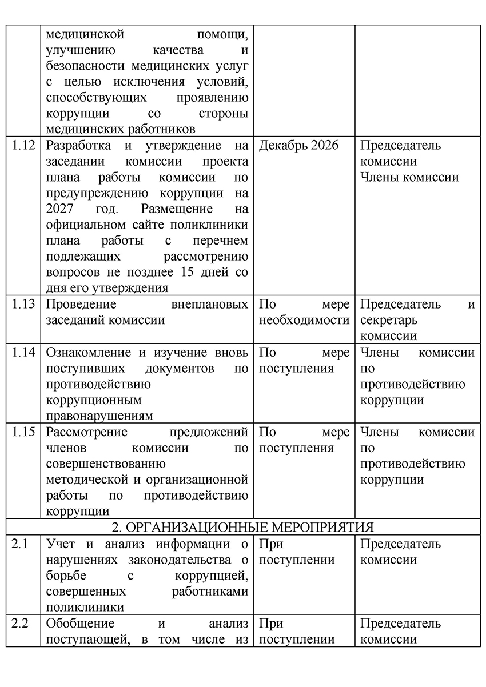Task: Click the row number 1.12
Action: click(23, 145)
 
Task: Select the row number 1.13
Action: click(23, 304)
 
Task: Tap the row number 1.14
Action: click(23, 353)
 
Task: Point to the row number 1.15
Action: click(23, 432)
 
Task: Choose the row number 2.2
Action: click(20, 623)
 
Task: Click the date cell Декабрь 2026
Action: click(298, 145)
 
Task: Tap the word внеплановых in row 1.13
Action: click(210, 304)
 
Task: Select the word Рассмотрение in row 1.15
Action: click(86, 432)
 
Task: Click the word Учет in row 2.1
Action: click(60, 544)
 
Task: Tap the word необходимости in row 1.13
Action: click(304, 320)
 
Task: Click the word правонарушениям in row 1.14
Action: click(99, 416)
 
